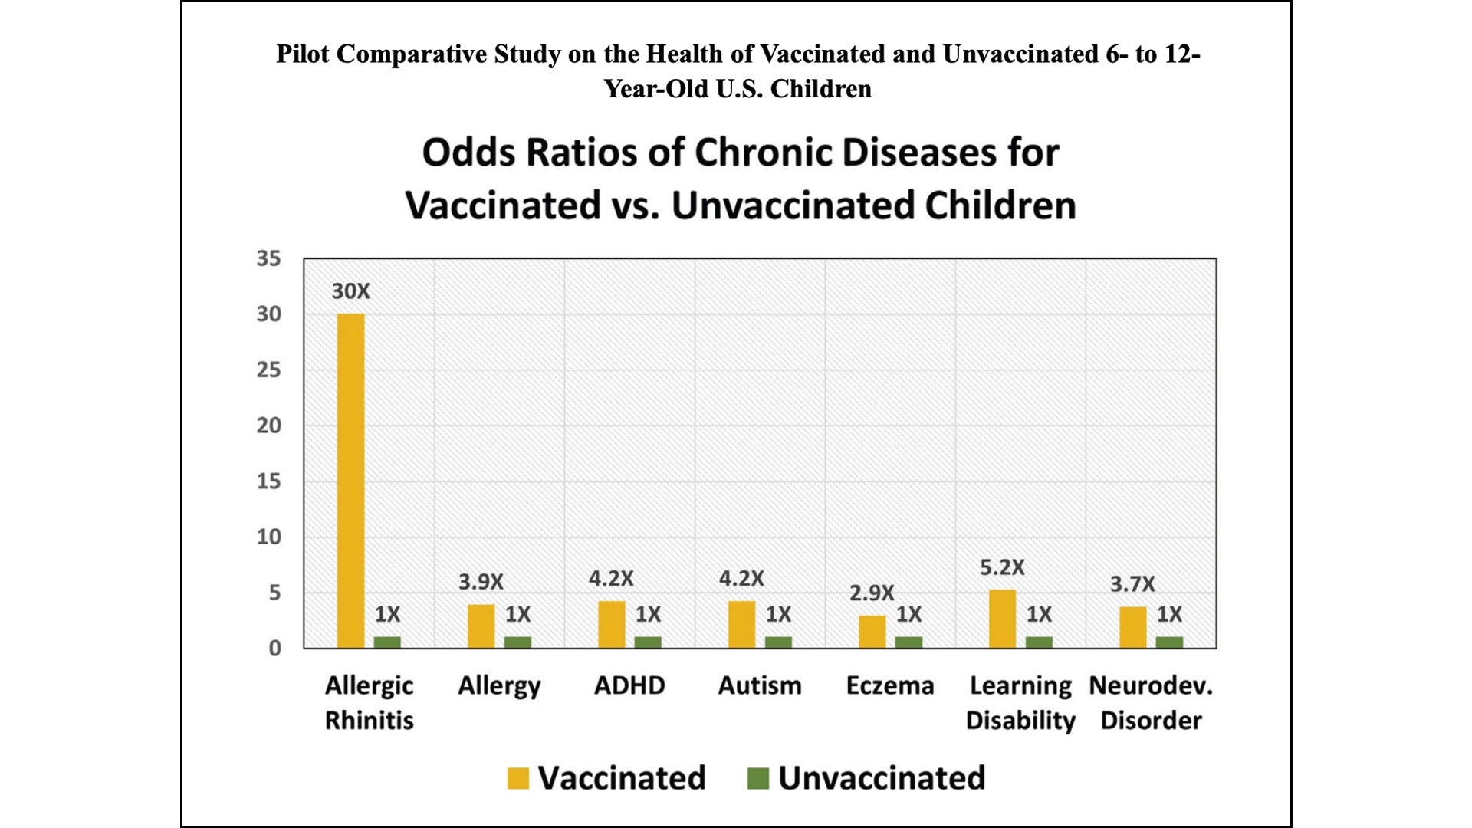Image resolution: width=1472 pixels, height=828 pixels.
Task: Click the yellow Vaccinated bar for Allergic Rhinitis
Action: click(x=350, y=481)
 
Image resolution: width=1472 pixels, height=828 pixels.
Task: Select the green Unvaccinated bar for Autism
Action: click(x=778, y=642)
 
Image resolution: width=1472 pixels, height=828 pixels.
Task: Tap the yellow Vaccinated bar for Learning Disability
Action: click(x=1002, y=619)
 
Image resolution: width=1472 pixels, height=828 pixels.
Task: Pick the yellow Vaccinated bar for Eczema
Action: click(x=872, y=632)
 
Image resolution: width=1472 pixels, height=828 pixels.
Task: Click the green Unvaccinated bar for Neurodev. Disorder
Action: click(x=1169, y=642)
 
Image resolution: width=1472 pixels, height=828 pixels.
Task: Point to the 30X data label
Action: click(x=350, y=291)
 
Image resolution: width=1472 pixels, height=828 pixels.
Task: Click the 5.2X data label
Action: click(x=1002, y=567)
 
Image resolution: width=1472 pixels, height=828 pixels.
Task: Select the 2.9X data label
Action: click(x=872, y=593)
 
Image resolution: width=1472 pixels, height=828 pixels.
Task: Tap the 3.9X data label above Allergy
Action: click(x=481, y=582)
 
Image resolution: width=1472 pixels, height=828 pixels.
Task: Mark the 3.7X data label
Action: click(x=1132, y=584)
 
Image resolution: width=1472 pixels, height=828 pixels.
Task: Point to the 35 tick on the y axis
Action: click(x=268, y=258)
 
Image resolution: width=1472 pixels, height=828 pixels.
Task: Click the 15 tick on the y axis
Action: click(x=268, y=481)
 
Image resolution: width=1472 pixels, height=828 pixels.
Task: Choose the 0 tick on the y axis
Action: click(x=274, y=649)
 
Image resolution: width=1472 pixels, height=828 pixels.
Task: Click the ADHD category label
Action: click(x=629, y=685)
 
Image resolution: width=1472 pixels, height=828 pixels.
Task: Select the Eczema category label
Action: click(x=890, y=685)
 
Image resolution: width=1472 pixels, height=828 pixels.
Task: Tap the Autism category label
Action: click(x=760, y=685)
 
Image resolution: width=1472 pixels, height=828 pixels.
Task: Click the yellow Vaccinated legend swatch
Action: click(x=518, y=778)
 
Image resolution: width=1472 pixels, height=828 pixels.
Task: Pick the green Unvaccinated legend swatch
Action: click(x=757, y=778)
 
